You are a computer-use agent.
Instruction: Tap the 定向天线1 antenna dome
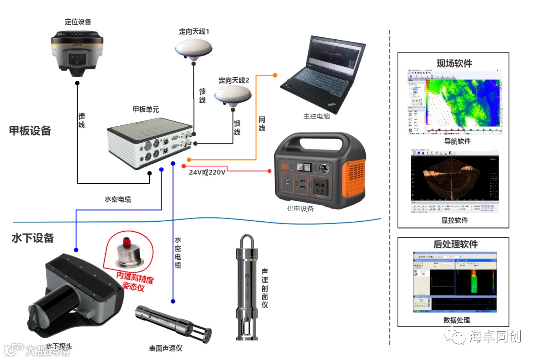tap(194, 49)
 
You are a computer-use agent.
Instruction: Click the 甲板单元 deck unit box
tap(150, 142)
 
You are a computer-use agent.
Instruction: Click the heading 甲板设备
tap(30, 131)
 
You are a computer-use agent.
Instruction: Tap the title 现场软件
tap(454, 63)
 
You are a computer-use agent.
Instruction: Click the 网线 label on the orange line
tap(262, 124)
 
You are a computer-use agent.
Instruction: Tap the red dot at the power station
tap(270, 171)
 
